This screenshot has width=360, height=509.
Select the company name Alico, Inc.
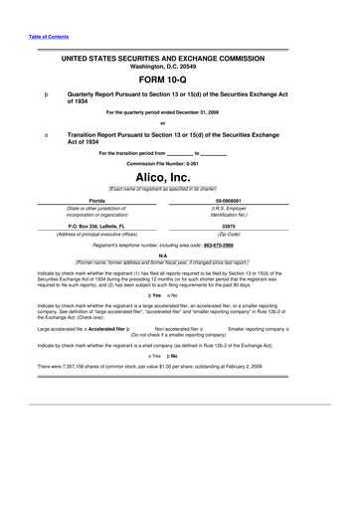click(x=179, y=175)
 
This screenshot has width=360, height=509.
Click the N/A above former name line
click(x=179, y=254)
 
